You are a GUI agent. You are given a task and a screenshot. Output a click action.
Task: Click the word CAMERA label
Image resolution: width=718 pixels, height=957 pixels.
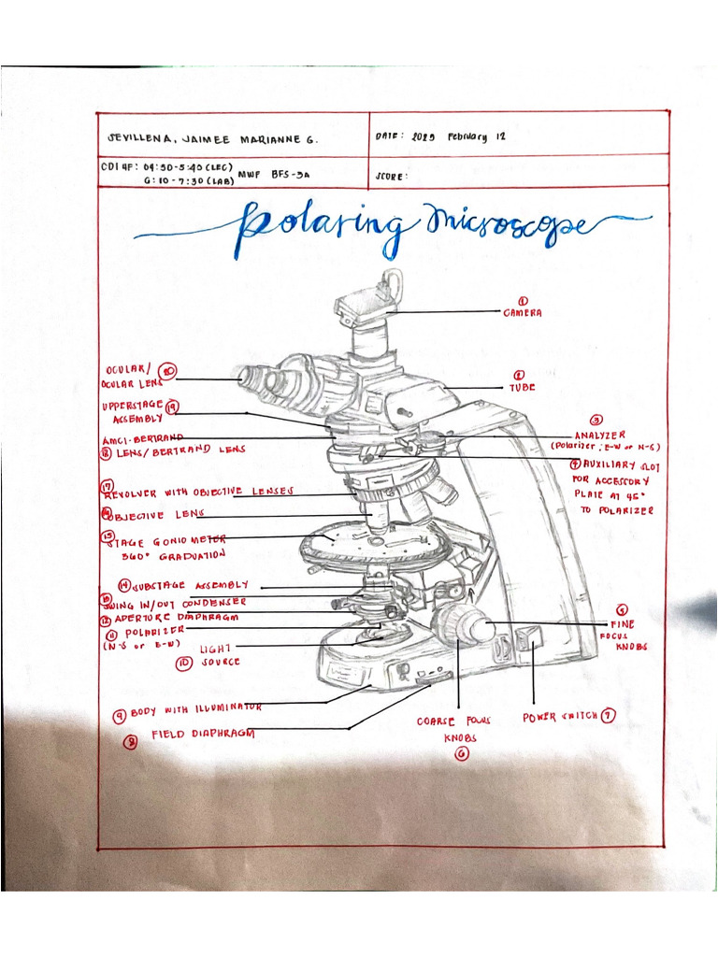pyautogui.click(x=523, y=314)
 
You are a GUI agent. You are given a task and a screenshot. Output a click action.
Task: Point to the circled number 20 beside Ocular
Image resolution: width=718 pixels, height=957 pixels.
pyautogui.click(x=168, y=372)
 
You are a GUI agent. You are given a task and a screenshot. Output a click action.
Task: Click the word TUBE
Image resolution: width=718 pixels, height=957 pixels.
pyautogui.click(x=522, y=387)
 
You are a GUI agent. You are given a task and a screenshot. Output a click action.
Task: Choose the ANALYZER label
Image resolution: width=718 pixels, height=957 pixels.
pyautogui.click(x=600, y=435)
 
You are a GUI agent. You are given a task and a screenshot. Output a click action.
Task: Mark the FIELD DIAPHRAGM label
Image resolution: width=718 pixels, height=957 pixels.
pyautogui.click(x=203, y=735)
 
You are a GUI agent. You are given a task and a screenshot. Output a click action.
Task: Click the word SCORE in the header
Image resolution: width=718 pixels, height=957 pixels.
pyautogui.click(x=392, y=176)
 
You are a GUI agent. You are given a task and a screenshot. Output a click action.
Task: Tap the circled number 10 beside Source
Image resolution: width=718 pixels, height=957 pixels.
pyautogui.click(x=184, y=663)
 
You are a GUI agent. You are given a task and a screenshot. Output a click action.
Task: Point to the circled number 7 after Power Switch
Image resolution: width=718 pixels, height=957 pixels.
pyautogui.click(x=609, y=717)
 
